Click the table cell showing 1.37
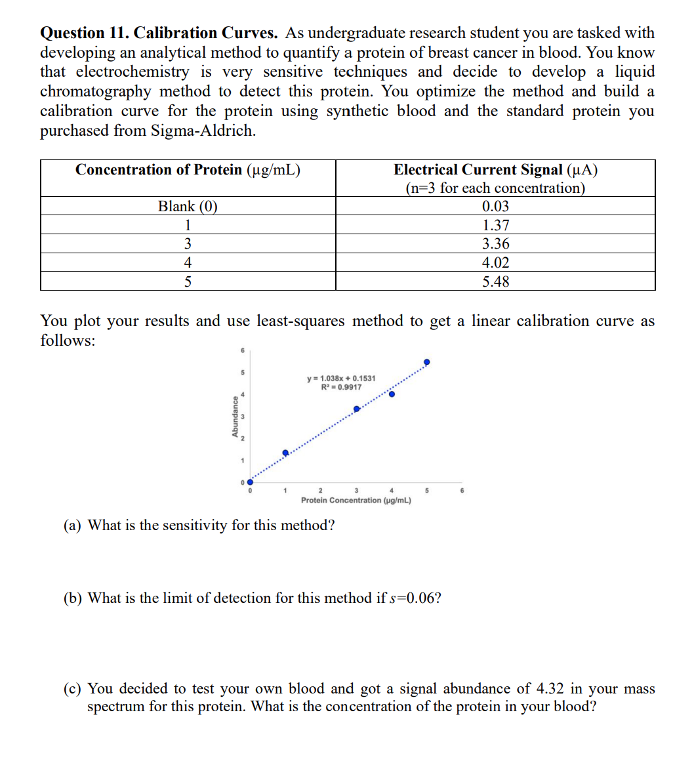click(495, 225)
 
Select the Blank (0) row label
click(188, 207)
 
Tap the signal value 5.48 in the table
click(495, 282)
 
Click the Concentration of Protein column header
click(188, 170)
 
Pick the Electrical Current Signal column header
click(495, 170)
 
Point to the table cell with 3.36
click(495, 244)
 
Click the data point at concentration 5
click(427, 362)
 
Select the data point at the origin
click(249, 482)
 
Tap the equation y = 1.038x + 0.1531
click(341, 379)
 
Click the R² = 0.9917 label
click(341, 387)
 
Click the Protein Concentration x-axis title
click(356, 501)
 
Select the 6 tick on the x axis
click(462, 491)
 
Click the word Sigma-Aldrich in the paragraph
click(203, 131)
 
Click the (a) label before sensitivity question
click(73, 526)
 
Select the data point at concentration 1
click(285, 453)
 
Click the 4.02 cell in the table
click(495, 263)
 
